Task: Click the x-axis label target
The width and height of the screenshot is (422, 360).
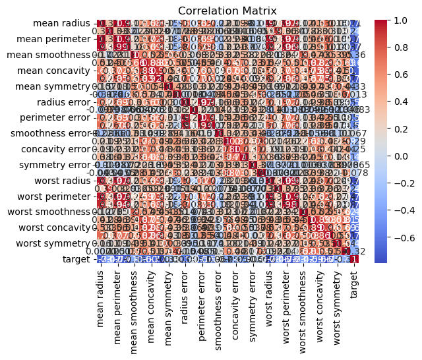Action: (x=355, y=282)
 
